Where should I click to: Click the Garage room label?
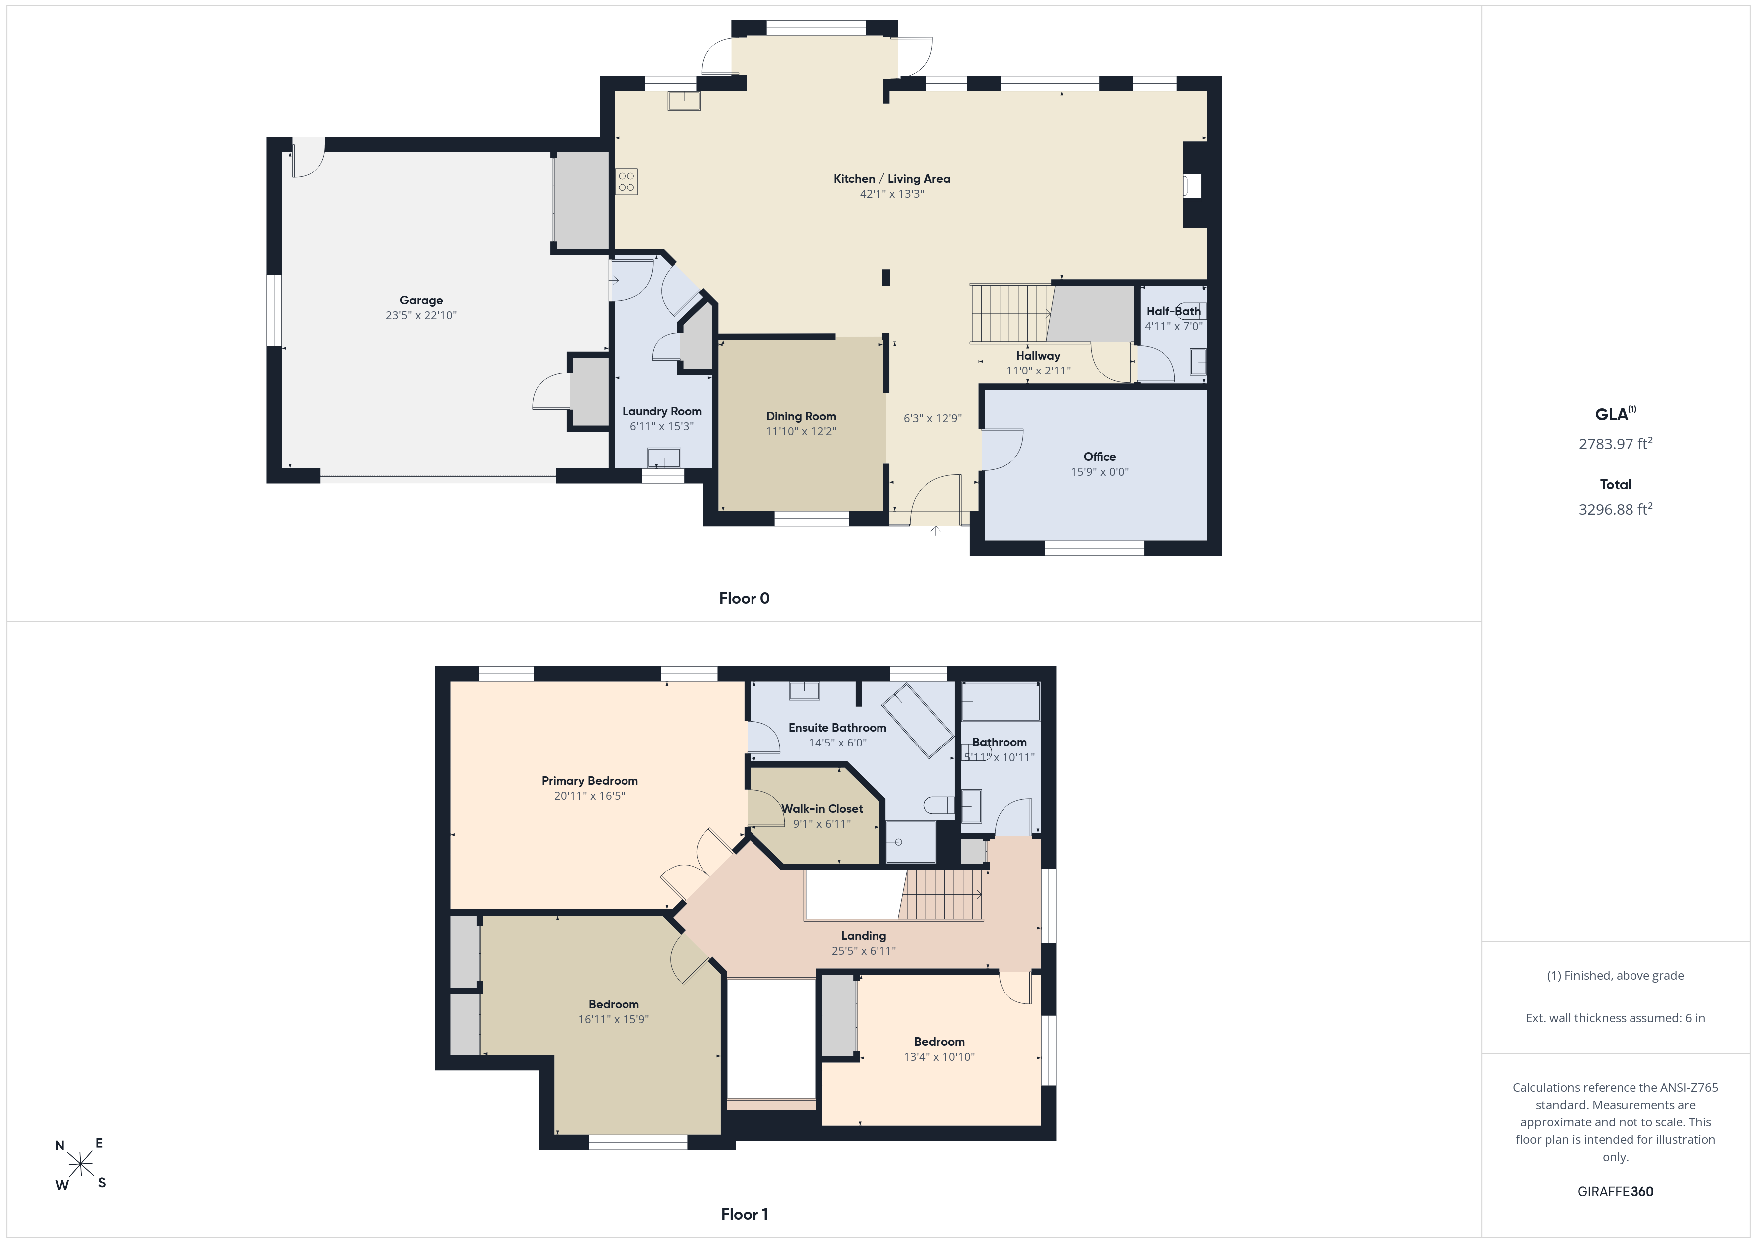tap(421, 300)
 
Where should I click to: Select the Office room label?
tap(1099, 456)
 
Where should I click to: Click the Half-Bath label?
tap(1173, 311)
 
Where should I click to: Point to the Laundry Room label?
tap(661, 411)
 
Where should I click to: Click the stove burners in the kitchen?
tap(626, 181)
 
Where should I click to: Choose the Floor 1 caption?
tap(744, 1214)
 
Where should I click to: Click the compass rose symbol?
tap(80, 1165)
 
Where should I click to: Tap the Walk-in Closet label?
tap(822, 808)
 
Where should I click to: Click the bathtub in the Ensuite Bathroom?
tap(917, 720)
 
